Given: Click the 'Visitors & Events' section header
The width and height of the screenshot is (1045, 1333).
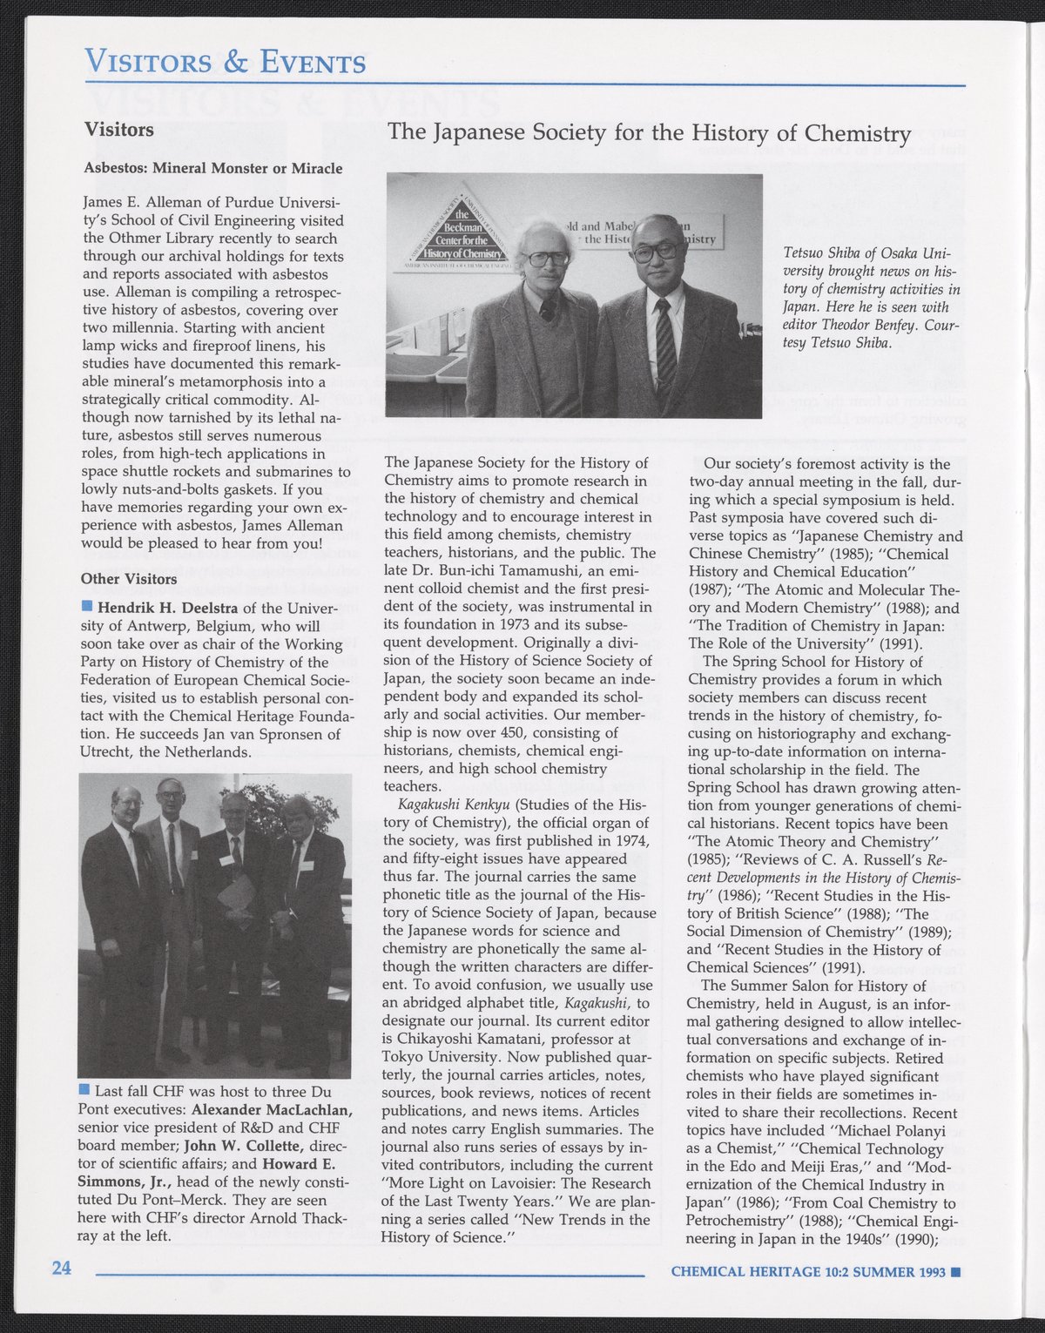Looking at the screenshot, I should click(x=226, y=62).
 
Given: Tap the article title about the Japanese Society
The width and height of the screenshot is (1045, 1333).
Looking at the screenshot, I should click(x=649, y=132).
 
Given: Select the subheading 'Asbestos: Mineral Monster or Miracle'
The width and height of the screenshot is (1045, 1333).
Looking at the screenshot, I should click(x=212, y=168).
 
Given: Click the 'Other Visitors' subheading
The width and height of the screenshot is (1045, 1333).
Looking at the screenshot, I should click(x=129, y=579).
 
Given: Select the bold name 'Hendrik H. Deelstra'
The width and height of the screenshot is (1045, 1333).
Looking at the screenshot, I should click(x=168, y=608).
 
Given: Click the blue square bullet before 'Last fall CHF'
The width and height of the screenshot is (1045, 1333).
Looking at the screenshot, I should click(x=84, y=1091).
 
